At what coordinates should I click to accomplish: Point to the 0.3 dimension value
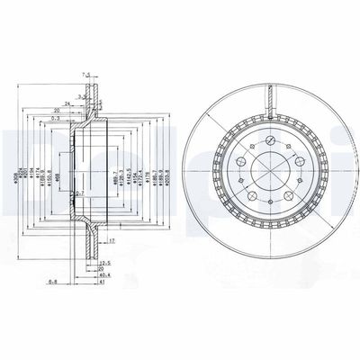click(56, 117)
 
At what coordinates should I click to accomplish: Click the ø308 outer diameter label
click(17, 164)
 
